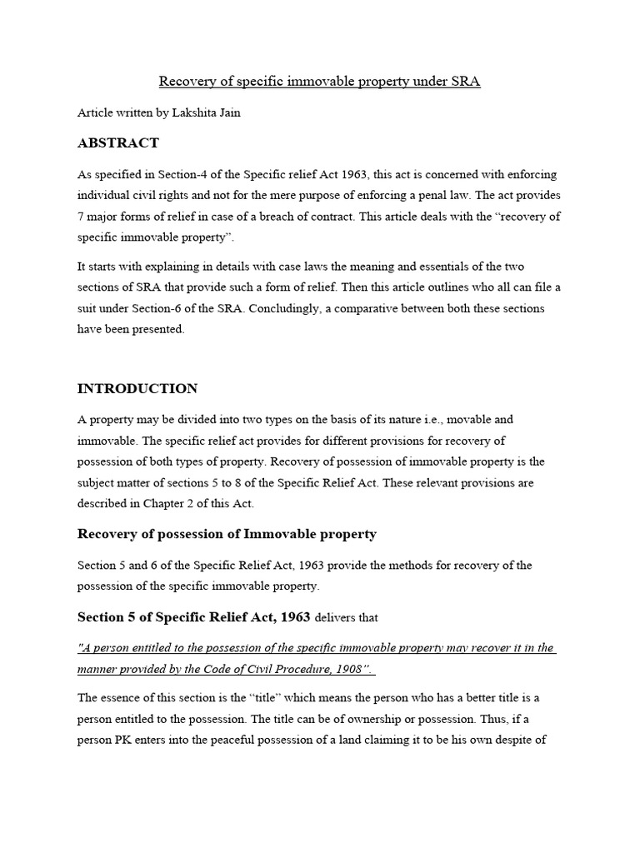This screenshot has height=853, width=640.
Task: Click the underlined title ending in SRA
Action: coord(319,82)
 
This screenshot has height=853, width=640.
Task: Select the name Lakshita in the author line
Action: coord(194,112)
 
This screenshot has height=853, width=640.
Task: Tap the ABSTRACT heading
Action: coord(117,143)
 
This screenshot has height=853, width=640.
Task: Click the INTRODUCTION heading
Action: coord(137,388)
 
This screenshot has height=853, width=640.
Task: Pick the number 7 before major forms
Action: coord(81,217)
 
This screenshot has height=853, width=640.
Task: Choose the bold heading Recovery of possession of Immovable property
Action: coord(227,534)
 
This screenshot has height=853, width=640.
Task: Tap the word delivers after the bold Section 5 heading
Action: coord(338,618)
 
